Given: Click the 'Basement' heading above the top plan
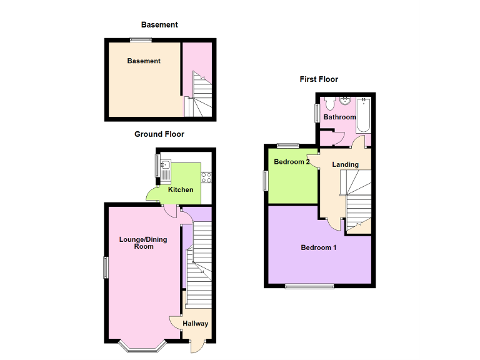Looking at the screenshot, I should pos(159,25).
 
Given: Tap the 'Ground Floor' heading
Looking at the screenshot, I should pos(159,134).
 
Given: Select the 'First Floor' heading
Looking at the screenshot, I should pos(319,79).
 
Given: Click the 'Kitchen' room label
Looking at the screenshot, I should pos(181,189).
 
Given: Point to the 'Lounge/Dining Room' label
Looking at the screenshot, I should pos(143,242).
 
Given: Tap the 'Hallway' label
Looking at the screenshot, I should pos(196,324).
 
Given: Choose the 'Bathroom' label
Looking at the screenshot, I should pos(339,117).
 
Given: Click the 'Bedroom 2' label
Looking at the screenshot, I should pos(292,162).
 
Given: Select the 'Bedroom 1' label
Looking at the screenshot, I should pos(319,247).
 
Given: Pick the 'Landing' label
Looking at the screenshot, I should pos(346,164).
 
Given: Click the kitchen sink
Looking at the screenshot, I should pos(165,166).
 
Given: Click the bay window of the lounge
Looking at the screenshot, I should pos(142,346).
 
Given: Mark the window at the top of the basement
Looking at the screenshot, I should pos(141,41).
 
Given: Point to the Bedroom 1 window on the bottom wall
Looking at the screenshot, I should pos(309,286).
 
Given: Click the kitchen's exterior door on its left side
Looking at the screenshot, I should pos(152,196).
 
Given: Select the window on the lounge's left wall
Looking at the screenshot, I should pos(106,267).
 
